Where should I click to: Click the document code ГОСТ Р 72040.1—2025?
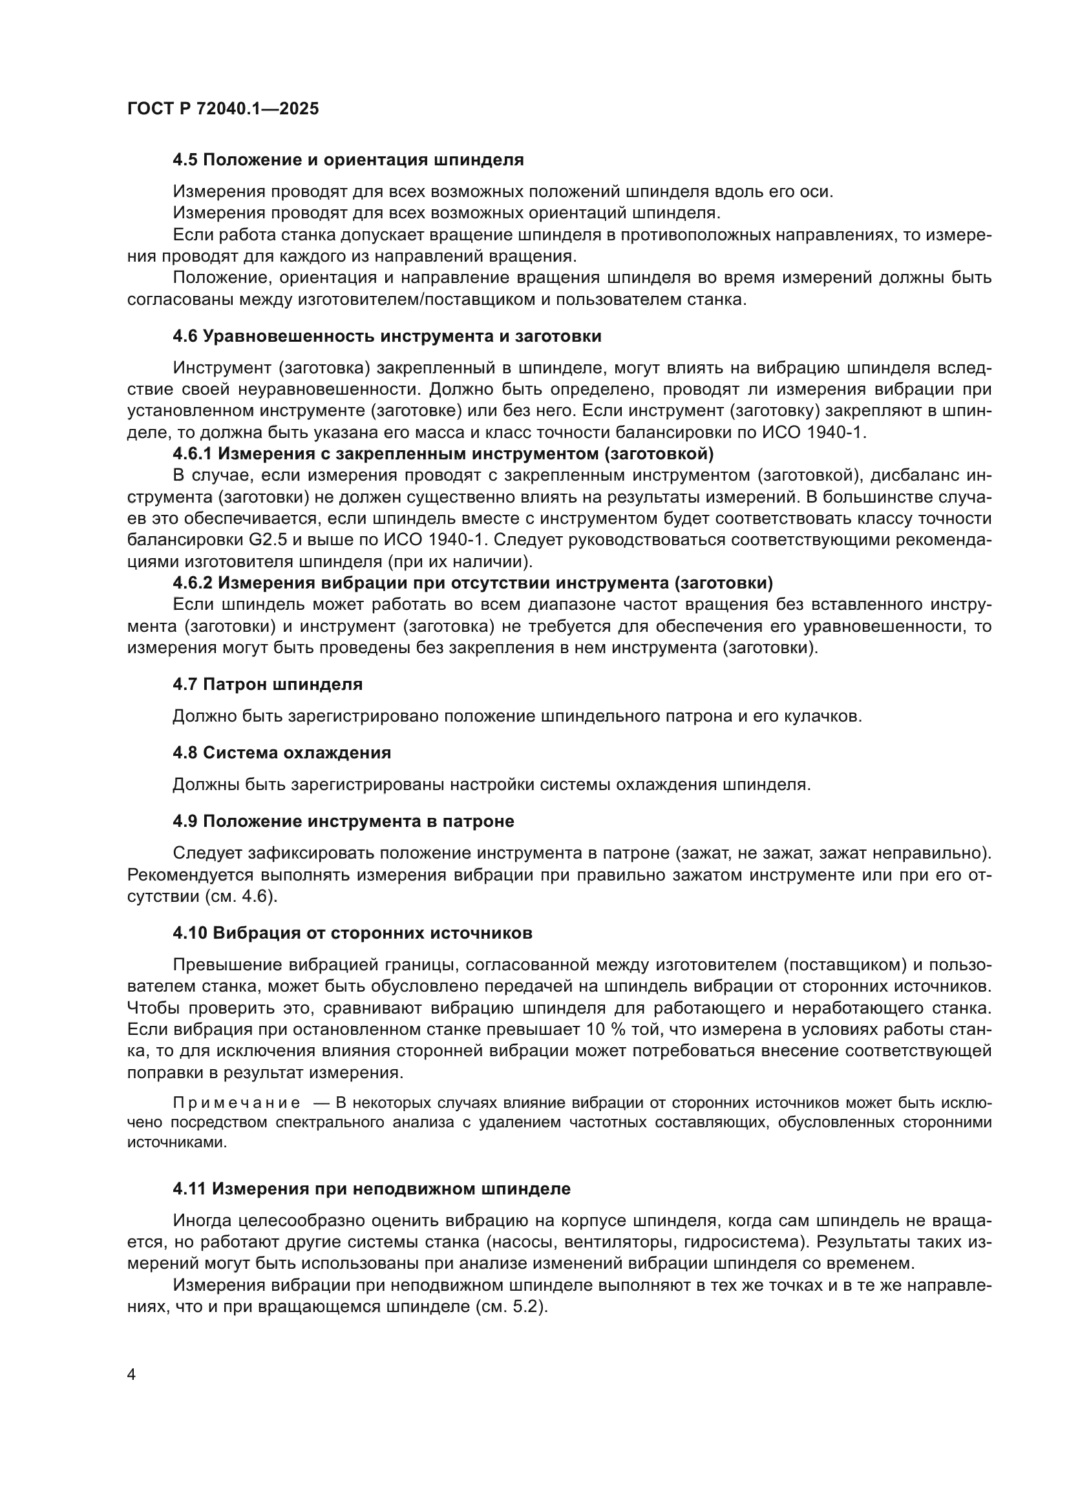tap(222, 109)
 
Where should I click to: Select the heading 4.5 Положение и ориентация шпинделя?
tap(348, 160)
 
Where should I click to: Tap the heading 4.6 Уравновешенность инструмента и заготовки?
tap(387, 337)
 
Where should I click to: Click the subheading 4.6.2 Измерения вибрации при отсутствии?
tap(472, 583)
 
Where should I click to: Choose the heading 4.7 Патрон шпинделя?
tap(268, 684)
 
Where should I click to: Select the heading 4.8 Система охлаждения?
tap(282, 753)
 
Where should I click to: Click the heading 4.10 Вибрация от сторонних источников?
tap(353, 933)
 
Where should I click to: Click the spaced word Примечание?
tap(237, 1103)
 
